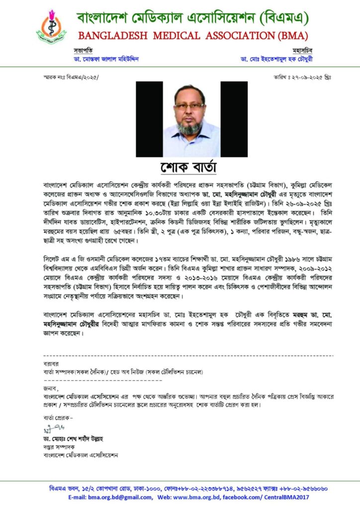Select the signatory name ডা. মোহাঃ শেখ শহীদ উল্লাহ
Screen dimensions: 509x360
point(75,439)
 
